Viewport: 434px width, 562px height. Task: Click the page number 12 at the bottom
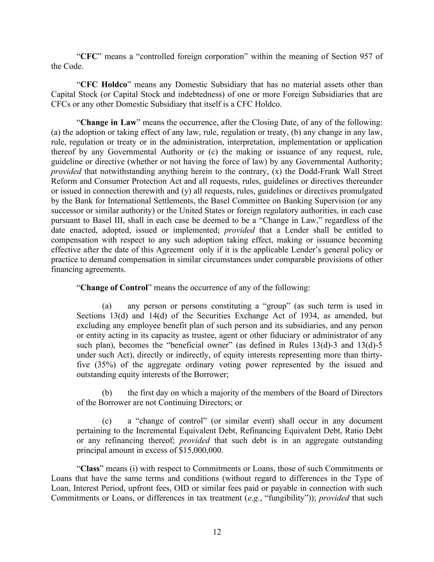tap(217, 532)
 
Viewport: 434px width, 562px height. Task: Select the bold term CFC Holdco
tap(104, 85)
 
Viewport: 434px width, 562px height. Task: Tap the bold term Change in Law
tap(108, 123)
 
